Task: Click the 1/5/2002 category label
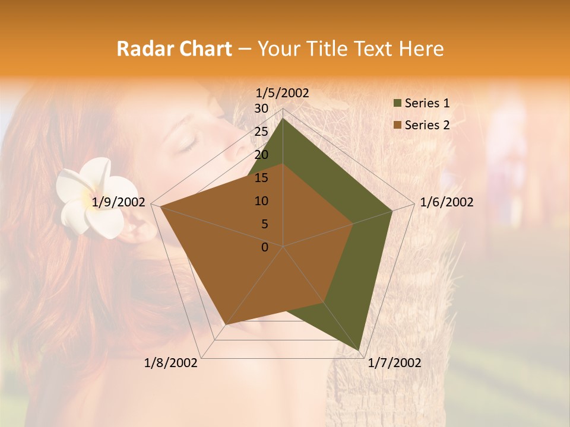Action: [x=282, y=93]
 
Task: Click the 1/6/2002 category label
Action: [x=446, y=202]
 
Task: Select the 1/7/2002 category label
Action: [x=394, y=363]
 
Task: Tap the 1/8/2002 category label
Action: [x=171, y=363]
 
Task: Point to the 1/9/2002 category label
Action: [x=119, y=202]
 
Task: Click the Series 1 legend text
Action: [x=427, y=103]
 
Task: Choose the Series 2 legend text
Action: [x=427, y=125]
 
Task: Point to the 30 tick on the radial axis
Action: [x=261, y=109]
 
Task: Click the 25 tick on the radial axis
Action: [x=261, y=132]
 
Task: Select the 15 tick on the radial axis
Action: [x=261, y=178]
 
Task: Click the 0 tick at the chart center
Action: [x=265, y=247]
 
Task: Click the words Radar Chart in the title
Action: [x=174, y=49]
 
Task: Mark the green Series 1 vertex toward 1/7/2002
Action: [x=359, y=350]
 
